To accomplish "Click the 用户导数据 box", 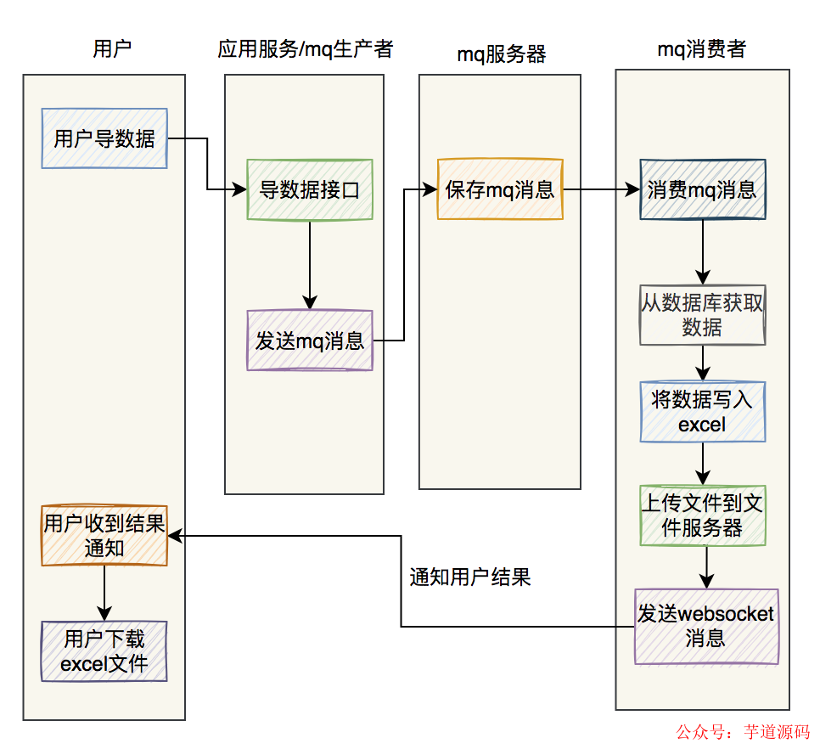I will click(104, 138).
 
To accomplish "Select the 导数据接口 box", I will click(310, 189).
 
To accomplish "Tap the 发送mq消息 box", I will click(310, 340).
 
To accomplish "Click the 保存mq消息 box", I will click(500, 189).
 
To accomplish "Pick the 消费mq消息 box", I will click(702, 189).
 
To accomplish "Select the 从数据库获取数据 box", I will click(702, 315).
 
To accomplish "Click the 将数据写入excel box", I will click(702, 412).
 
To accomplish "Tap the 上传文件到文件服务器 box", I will click(702, 515).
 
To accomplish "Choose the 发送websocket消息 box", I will click(706, 626).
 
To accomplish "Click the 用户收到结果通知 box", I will click(104, 536).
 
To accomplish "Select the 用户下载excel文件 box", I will click(104, 651).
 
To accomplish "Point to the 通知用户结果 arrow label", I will click(470, 577).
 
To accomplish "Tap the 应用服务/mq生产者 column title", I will click(305, 49).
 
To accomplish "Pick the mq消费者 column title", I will click(702, 49).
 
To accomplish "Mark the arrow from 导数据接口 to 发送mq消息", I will click(310, 264).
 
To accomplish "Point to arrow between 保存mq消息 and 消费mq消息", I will click(601, 189).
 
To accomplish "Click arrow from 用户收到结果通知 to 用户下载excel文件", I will click(104, 593).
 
